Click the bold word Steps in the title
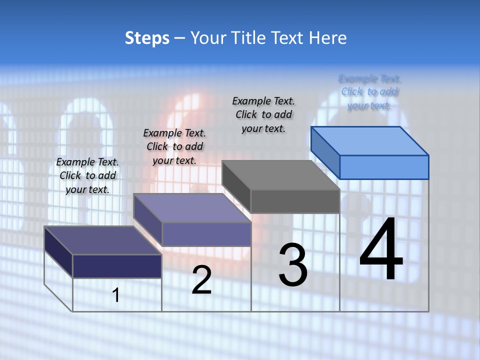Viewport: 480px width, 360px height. coord(147,38)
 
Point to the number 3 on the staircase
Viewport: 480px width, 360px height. coord(293,264)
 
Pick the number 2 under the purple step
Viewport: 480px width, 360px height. coord(201,280)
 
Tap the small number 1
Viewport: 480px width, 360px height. coord(116,295)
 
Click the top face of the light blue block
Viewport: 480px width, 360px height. coord(370,140)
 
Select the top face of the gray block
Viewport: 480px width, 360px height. coord(280,175)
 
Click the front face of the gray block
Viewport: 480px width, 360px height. coord(295,201)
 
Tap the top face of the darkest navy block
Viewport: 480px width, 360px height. coord(102,240)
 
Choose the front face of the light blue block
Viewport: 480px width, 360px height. coord(384,167)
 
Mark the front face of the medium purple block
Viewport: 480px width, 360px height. coord(206,234)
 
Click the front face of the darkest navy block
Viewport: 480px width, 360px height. coord(117,266)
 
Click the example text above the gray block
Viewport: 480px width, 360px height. coord(263,114)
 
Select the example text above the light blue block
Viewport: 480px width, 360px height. coord(369,92)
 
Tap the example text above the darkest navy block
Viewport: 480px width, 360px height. coord(87,175)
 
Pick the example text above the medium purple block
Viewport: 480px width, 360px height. coord(174,146)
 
